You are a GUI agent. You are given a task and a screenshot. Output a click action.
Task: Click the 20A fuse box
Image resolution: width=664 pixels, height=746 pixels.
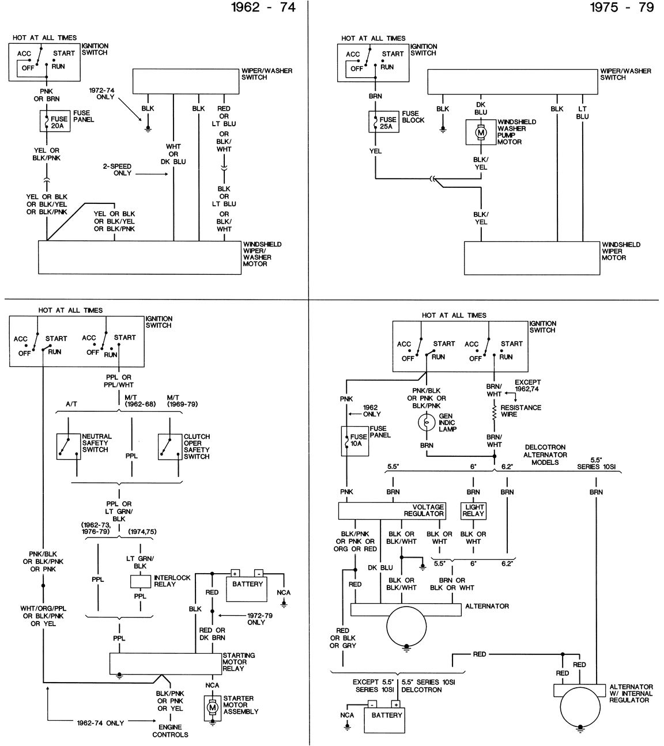[x=55, y=122]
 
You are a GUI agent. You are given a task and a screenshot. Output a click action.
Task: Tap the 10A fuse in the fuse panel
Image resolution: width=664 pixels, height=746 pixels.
[x=354, y=440]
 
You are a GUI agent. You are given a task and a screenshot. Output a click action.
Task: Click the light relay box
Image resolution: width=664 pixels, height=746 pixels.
[x=473, y=510]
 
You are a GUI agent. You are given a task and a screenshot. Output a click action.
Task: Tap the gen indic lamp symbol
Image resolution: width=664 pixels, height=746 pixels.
[x=427, y=422]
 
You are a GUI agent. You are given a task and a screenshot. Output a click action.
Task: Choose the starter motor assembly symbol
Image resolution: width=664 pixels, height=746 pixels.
[x=212, y=707]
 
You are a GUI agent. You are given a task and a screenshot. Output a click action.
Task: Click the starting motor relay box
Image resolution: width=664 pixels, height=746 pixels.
[x=166, y=663]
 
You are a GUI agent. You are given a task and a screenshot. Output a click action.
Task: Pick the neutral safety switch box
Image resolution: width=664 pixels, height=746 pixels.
[x=69, y=446]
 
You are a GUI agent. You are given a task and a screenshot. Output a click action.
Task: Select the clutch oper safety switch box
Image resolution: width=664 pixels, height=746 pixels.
[x=170, y=446]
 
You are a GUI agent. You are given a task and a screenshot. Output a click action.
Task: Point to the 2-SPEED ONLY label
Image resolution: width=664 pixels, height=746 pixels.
[x=117, y=169]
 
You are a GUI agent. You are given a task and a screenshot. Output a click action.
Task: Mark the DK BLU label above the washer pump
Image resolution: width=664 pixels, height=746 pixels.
[x=481, y=108]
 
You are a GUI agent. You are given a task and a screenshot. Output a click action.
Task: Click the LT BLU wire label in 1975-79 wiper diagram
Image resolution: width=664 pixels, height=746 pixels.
[x=582, y=112]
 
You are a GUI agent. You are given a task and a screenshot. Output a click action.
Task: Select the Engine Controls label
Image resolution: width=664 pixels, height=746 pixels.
[x=170, y=730]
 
